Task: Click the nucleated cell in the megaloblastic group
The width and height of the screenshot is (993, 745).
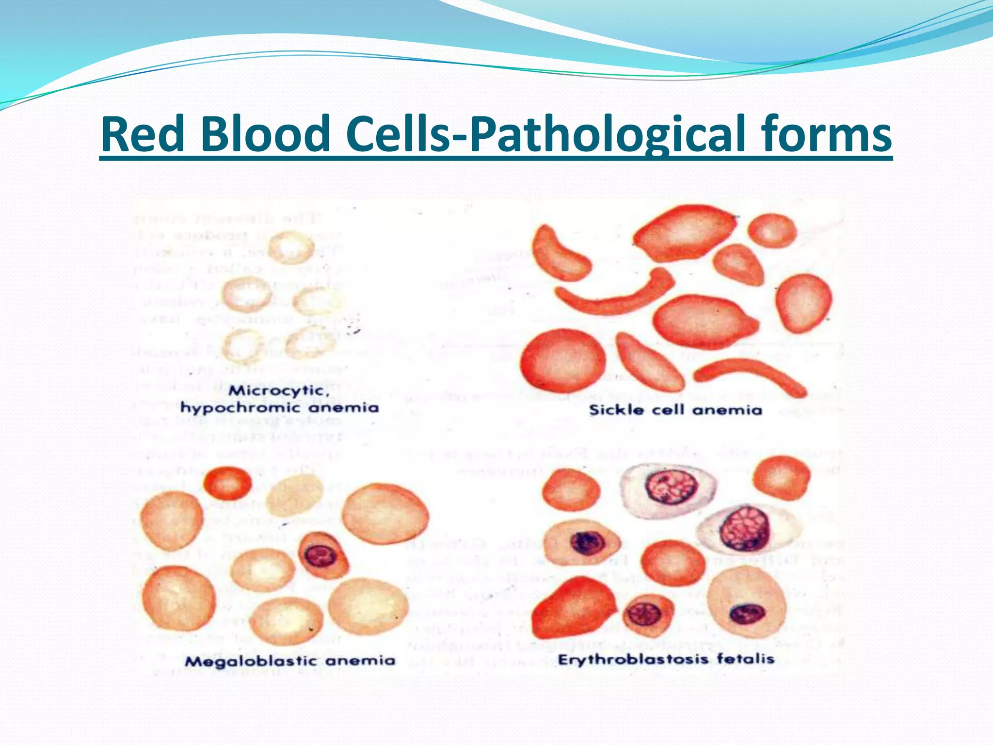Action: (x=323, y=555)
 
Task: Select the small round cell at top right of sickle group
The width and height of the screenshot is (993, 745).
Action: (x=772, y=231)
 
